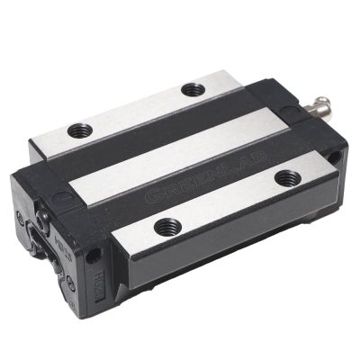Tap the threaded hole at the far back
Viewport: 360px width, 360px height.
pyautogui.click(x=191, y=89)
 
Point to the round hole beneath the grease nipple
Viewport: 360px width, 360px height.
pyautogui.click(x=336, y=157)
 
